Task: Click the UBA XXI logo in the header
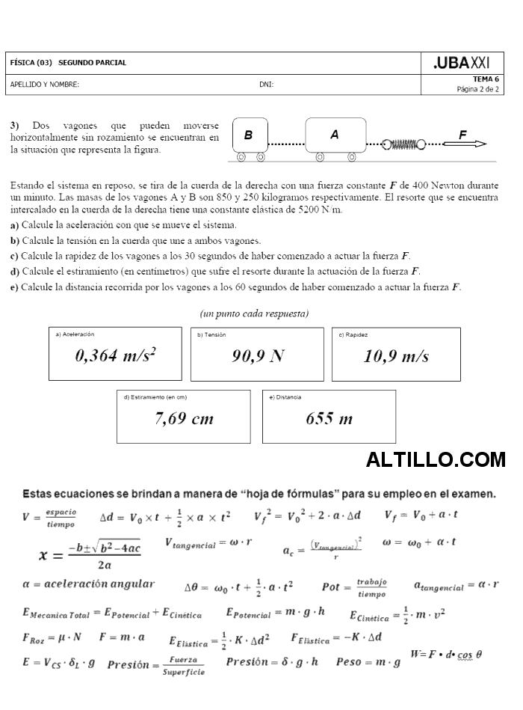(462, 63)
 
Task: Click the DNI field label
(266, 85)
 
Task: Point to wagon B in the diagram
(250, 136)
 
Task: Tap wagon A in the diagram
(334, 135)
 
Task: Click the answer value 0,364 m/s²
(115, 356)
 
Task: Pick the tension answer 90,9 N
(257, 356)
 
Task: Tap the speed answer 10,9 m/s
(396, 356)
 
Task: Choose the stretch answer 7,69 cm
(184, 418)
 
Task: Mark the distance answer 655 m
(329, 418)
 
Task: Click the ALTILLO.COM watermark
(436, 459)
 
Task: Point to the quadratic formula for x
(90, 554)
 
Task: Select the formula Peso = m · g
(368, 661)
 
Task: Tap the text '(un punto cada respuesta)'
(254, 313)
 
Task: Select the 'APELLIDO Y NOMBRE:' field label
(45, 85)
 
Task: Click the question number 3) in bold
(15, 126)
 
